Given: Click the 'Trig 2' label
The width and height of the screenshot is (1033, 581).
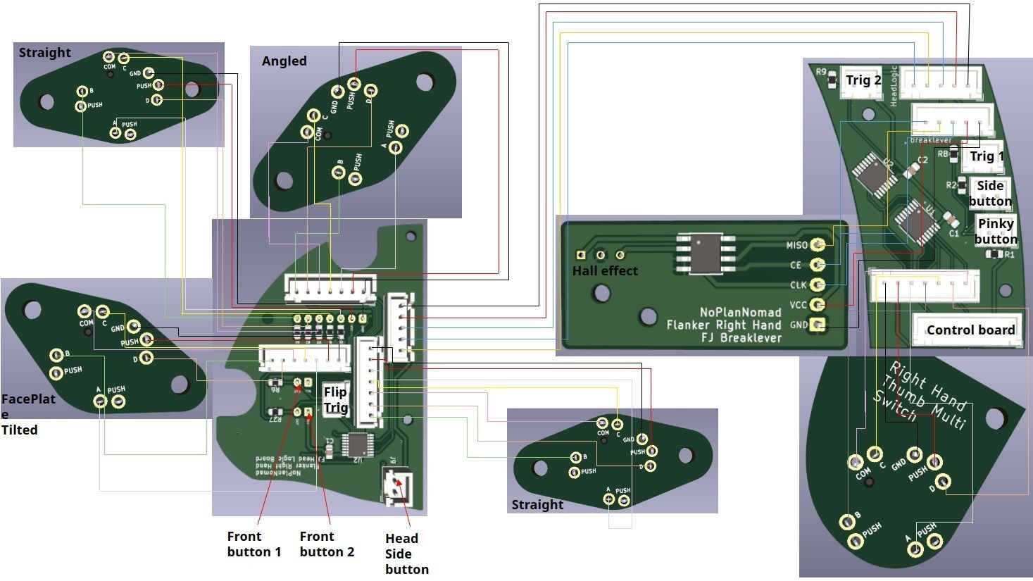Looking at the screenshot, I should (863, 80).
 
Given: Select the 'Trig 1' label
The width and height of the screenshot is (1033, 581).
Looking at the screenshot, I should (987, 156).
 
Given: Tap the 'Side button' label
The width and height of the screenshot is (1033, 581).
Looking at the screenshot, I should (989, 194).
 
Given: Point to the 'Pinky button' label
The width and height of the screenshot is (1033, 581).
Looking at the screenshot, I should (996, 231).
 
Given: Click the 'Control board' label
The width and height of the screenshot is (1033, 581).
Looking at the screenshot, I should (970, 330).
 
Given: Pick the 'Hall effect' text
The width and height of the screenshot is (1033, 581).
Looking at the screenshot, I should (605, 271).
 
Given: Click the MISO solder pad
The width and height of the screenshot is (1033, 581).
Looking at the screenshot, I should (818, 244).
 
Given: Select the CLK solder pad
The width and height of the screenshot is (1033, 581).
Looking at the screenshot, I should (818, 285).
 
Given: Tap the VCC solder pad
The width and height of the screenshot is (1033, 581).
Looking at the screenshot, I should (818, 305).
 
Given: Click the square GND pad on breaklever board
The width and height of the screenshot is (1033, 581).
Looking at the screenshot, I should (818, 325).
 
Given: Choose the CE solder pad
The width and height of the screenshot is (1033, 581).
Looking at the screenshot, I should (818, 265).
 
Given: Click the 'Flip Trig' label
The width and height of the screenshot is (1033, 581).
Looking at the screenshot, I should (335, 399).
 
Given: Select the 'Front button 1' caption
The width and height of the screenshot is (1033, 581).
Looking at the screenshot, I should (253, 544).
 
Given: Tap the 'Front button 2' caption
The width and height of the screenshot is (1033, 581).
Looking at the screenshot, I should (327, 544).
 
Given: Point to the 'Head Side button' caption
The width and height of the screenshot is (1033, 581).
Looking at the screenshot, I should (406, 554).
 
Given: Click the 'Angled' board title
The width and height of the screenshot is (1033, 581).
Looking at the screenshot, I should (284, 61).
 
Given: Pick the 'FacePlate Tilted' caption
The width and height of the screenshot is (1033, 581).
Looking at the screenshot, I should (28, 414).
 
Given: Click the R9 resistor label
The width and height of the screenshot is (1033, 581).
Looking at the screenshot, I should (821, 72).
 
